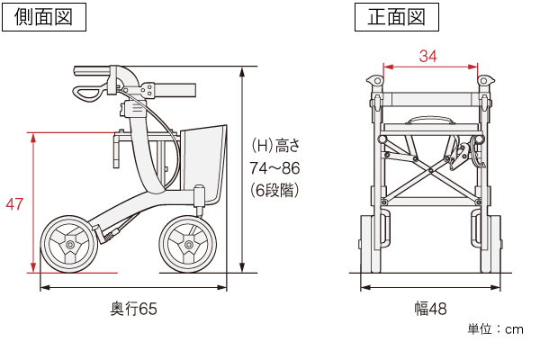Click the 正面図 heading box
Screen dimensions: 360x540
(397, 16)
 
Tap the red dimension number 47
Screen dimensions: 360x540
(14, 204)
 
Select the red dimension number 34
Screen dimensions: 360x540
(428, 56)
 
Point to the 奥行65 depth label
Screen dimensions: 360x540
(133, 309)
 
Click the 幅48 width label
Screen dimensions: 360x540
(429, 309)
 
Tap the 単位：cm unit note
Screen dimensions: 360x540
(495, 329)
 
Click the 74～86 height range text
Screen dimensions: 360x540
(274, 167)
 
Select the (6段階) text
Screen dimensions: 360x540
(274, 190)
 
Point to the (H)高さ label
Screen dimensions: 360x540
(274, 145)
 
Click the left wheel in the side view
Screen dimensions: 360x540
(67, 243)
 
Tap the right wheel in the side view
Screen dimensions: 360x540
(188, 244)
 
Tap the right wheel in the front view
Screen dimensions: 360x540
(485, 243)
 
